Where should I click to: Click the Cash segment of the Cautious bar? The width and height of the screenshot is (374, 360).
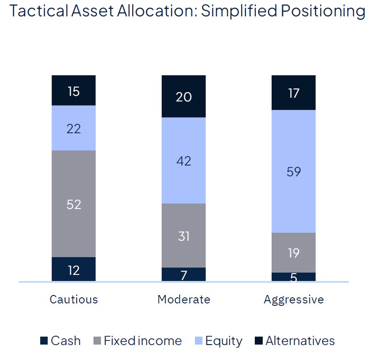73,269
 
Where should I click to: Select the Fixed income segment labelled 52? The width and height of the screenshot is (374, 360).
73,204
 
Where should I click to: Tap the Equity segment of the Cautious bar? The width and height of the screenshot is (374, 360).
73,128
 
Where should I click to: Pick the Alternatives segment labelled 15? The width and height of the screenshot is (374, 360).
73,91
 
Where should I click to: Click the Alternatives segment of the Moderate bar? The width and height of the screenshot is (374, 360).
184,96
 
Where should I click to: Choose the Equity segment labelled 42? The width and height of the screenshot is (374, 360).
184,160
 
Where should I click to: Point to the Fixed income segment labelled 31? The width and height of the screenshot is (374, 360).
184,236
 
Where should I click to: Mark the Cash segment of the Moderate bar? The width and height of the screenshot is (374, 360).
184,274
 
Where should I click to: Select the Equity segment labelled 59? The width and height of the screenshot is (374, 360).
294,171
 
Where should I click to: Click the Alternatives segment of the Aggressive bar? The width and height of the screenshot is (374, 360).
294,93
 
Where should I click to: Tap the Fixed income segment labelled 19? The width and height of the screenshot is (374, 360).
294,252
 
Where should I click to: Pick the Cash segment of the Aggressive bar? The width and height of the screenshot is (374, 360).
294,277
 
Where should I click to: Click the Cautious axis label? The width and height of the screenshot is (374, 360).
74,299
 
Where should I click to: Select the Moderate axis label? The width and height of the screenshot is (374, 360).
184,299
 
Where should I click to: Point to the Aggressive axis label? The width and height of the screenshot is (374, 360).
294,299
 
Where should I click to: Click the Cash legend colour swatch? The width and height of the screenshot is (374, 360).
44,341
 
